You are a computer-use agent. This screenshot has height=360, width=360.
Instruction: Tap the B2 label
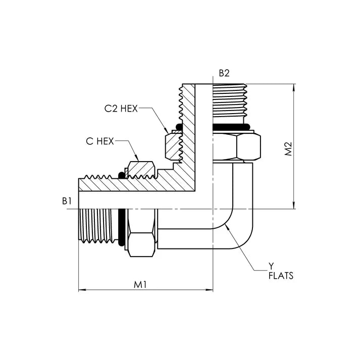224,74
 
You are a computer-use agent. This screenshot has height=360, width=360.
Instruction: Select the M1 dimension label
140,284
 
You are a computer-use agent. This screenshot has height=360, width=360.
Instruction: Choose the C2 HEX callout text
121,108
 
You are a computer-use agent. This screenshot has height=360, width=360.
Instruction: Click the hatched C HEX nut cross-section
141,170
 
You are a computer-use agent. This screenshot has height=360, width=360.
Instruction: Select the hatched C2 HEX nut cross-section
172,145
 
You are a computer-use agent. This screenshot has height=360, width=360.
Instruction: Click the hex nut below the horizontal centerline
142,238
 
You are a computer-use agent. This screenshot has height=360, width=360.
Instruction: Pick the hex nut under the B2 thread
236,146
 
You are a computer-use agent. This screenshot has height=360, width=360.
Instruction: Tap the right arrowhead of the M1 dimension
211,290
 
